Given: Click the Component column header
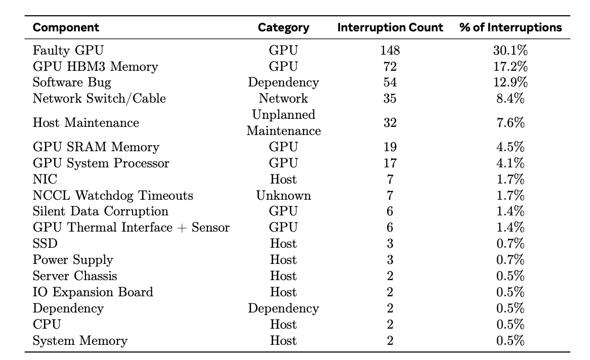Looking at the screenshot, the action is pos(66,27).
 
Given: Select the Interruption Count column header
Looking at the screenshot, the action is pos(390,27).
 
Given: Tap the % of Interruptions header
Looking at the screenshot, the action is pos(511,27).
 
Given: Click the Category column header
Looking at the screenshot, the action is pos(283,28).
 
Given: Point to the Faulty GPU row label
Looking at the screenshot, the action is pos(68,50).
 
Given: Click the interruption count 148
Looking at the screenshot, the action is pos(390,50).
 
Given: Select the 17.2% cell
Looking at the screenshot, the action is pos(510,66).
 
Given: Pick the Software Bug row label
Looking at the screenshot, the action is pos(72,82).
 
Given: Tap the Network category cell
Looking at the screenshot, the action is pos(283,98).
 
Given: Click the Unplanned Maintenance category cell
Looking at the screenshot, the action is pos(284,123).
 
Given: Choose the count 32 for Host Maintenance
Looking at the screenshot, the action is pos(390,123).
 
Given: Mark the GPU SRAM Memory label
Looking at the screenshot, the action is pos(96,147).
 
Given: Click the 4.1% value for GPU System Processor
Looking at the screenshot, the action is pos(510,163).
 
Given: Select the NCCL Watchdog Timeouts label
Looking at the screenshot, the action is pos(113,196).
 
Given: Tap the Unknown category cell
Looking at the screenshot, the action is pos(283,196).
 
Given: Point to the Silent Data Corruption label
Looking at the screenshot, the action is pos(101,211).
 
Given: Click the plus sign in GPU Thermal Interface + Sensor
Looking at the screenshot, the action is pos(182,228).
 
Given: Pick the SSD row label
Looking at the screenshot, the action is pos(45,244).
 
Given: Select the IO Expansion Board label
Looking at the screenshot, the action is pos(93,292).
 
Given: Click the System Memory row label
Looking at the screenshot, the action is pos(80,341).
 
